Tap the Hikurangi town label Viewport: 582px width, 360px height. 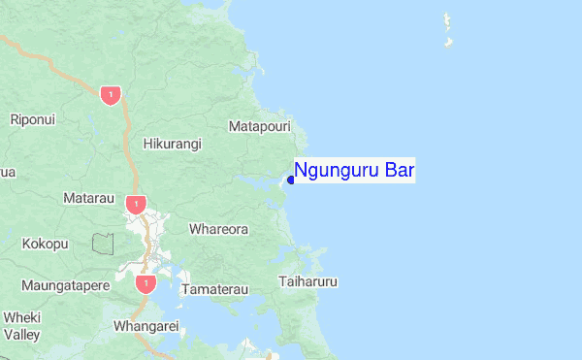point(172,144)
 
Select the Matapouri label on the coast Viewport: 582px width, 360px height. point(260,126)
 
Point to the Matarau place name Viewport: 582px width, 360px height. point(88,198)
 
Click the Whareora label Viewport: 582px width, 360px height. point(218,230)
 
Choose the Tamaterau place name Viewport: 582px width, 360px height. point(215,289)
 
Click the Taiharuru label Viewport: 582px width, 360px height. point(307,282)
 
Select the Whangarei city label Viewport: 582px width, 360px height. point(146,326)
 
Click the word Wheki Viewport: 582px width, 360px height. point(22,317)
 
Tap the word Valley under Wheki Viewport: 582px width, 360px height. point(21,335)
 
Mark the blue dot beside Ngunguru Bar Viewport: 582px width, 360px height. point(291,180)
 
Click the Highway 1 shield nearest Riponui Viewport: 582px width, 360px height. point(111,95)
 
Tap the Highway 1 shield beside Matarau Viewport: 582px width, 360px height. point(135,205)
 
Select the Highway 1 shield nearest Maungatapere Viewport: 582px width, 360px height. point(145,283)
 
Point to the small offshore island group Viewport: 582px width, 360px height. point(448,30)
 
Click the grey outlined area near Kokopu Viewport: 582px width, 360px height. point(103,243)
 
